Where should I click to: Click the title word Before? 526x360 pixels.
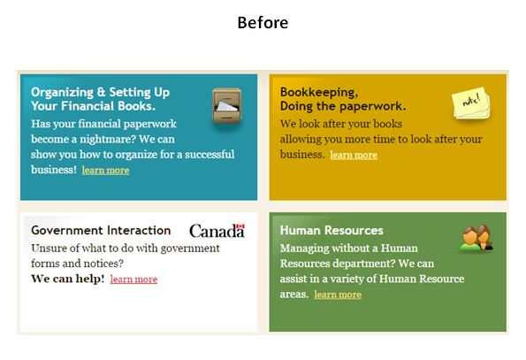tap(263, 23)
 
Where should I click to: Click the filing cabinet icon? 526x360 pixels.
tap(227, 105)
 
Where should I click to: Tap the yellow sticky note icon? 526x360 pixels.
tap(471, 103)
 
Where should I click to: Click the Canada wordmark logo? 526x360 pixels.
tap(217, 231)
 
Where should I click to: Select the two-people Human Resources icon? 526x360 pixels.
tap(476, 238)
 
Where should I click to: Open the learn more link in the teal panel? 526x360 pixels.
tap(105, 170)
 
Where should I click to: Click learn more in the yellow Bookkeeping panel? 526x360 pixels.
tap(354, 155)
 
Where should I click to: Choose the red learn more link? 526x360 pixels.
tap(133, 279)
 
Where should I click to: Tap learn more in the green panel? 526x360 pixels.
tap(338, 295)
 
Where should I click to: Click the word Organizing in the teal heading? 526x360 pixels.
tap(63, 92)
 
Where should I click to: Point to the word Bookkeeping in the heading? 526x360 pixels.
tap(319, 92)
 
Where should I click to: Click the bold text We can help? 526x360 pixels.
tap(68, 279)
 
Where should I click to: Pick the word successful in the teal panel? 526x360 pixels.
tap(210, 154)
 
